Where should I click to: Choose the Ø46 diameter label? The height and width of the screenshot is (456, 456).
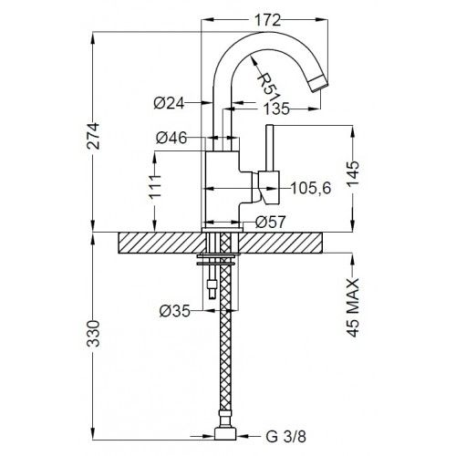[x=171, y=138]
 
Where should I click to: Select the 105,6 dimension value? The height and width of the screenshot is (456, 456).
[x=308, y=188]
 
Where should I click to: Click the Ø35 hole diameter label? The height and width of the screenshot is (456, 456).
[x=173, y=310]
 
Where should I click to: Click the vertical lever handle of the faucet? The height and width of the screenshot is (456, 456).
[x=269, y=150]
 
